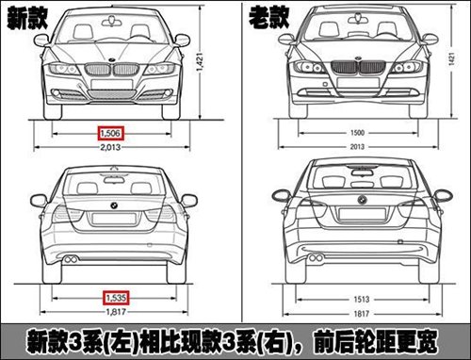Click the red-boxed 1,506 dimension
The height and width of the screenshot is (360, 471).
(110, 134)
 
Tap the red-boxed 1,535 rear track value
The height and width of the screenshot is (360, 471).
(116, 298)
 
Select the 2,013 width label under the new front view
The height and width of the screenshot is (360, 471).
(110, 147)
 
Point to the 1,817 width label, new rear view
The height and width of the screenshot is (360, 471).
(116, 312)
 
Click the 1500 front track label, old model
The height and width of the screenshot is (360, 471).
(357, 133)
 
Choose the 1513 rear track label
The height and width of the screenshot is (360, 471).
(362, 299)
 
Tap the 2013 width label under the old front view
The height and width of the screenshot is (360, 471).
(357, 146)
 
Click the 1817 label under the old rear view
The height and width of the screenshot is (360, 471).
(362, 314)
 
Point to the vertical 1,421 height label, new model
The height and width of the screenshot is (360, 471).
(200, 62)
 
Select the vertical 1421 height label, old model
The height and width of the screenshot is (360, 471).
(451, 59)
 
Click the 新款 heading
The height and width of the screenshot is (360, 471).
(27, 19)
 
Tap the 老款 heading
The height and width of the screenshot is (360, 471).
(269, 18)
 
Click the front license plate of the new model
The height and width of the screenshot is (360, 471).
(111, 84)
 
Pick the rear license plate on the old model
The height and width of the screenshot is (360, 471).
(362, 214)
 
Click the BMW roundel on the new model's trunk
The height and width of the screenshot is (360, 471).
(114, 205)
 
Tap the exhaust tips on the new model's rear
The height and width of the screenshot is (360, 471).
(71, 259)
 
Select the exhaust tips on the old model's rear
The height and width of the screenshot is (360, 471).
(316, 258)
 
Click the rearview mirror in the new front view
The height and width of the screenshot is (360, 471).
(111, 22)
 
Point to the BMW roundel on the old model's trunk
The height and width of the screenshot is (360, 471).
(362, 199)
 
